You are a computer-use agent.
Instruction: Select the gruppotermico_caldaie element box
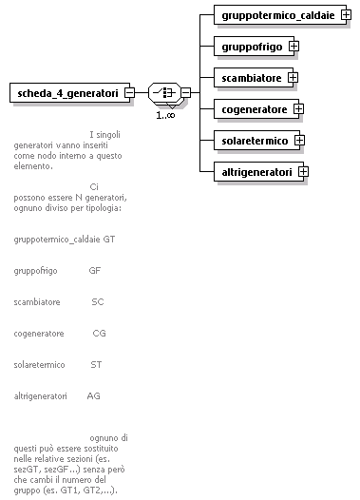(275, 15)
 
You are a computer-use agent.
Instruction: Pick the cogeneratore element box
(254, 109)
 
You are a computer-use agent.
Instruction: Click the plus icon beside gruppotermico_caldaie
(346, 15)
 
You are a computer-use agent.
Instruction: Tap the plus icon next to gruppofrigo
(294, 46)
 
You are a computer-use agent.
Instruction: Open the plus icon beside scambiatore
(293, 77)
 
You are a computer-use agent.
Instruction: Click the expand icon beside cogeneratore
(299, 109)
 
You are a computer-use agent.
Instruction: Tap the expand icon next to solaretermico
(298, 141)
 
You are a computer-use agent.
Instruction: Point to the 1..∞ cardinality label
(165, 115)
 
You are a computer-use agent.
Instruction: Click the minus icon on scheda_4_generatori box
(129, 92)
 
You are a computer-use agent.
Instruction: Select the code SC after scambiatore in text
(97, 301)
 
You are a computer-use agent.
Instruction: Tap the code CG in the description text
(99, 334)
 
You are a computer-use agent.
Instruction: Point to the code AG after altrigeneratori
(93, 395)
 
